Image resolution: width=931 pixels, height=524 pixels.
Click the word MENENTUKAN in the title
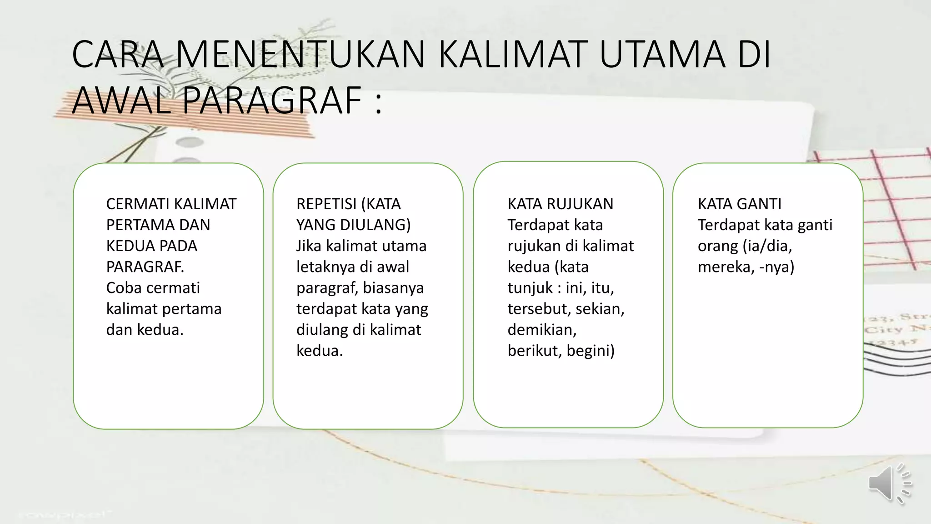pyautogui.click(x=300, y=55)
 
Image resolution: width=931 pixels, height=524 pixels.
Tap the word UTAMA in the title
pyautogui.click(x=662, y=55)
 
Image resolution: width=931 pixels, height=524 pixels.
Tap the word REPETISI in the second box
pyautogui.click(x=326, y=204)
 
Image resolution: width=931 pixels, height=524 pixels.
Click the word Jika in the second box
pyautogui.click(x=309, y=246)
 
